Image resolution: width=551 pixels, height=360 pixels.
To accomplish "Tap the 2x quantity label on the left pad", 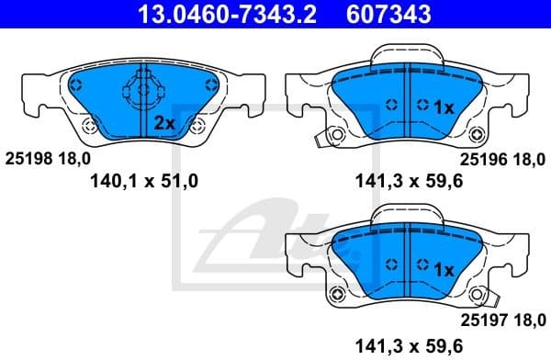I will pos(164,122).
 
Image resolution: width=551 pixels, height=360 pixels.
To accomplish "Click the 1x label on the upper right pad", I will pos(444,107).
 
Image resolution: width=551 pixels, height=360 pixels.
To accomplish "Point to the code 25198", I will pos(29,158).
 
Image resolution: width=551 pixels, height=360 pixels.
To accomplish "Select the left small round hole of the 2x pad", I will pos(88,127).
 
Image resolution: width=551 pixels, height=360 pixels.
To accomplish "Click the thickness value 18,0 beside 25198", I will pos(76,158).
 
